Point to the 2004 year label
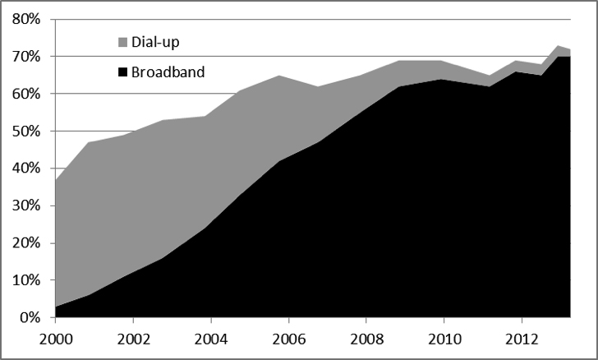pos(210,339)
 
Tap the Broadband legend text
pos(168,72)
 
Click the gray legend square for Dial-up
pos(123,41)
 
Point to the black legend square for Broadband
pos(123,72)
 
